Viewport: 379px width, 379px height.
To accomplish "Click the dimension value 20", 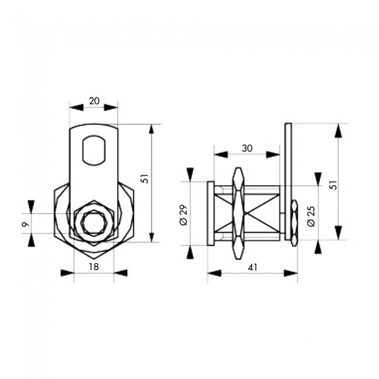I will click(93, 101).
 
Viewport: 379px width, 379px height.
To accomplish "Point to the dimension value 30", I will click(247, 149).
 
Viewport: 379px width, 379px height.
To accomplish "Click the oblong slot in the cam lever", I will click(94, 150).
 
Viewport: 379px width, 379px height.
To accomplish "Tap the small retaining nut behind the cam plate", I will click(294, 222).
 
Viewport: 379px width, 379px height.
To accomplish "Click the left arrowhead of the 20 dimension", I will click(73, 107).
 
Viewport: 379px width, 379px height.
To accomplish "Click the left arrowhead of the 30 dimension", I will click(219, 155).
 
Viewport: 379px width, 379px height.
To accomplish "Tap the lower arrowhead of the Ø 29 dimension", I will click(190, 252).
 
